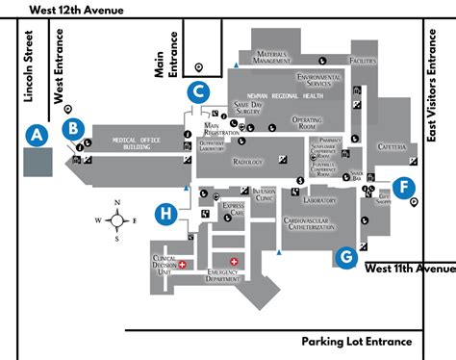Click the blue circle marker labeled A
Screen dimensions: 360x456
click(38, 135)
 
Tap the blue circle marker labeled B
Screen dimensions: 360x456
click(72, 126)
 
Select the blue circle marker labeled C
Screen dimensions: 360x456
click(197, 92)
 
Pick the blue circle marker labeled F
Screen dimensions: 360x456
click(404, 187)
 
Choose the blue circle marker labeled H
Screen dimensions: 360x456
click(167, 212)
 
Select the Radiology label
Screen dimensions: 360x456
click(247, 163)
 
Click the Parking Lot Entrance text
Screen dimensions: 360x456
click(356, 315)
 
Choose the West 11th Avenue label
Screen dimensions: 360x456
click(409, 268)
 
